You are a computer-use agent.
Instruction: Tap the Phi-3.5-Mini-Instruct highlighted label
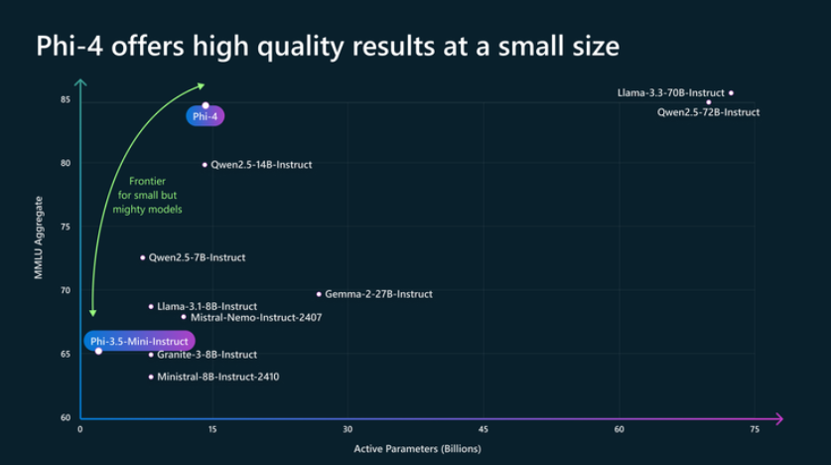coord(139,341)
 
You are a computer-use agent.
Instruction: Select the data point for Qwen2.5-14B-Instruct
coord(205,164)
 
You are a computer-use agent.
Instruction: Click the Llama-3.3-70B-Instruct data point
coord(731,93)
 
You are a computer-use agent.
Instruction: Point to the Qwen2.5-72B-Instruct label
coord(708,112)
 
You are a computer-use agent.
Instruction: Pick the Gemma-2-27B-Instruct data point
coord(319,294)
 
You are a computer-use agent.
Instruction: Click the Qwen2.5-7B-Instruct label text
coord(197,257)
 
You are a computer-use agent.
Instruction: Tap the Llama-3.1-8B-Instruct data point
coord(151,306)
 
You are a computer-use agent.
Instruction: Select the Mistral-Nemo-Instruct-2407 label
coord(255,318)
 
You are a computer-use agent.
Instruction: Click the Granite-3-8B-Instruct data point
coord(151,355)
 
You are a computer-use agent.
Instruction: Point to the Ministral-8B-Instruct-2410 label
coord(218,378)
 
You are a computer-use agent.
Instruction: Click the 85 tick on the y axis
coord(65,99)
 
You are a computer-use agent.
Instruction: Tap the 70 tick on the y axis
coord(65,290)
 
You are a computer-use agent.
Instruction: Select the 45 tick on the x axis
coord(484,429)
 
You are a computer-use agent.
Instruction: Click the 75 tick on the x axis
coord(754,429)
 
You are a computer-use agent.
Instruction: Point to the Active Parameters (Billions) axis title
coord(417,449)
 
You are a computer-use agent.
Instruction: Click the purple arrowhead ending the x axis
coord(779,418)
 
